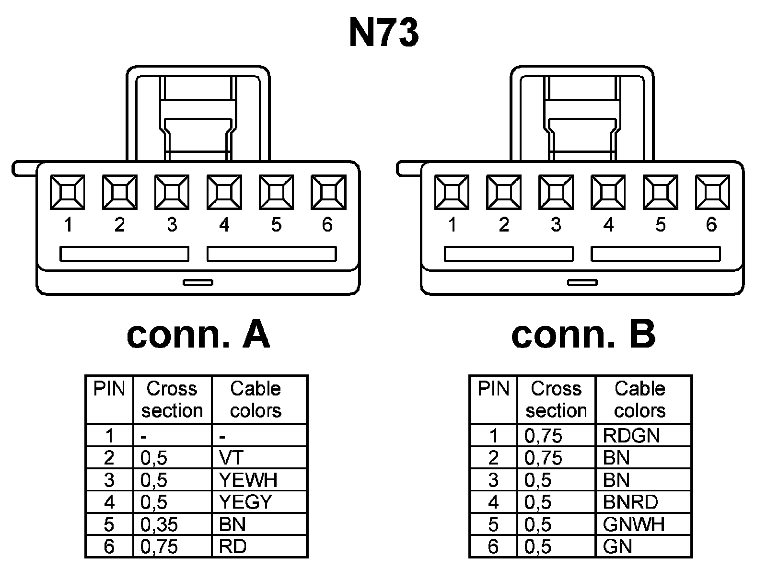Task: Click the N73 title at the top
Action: click(383, 34)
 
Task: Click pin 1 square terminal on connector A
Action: click(68, 192)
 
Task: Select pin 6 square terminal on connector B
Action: click(712, 192)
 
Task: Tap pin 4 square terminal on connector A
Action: click(224, 192)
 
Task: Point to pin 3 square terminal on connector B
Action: click(556, 192)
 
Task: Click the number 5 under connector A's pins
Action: click(276, 224)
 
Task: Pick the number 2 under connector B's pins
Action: click(503, 224)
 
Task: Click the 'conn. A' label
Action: click(198, 335)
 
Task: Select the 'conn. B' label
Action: click(583, 335)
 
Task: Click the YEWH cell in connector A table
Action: click(248, 480)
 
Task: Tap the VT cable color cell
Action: click(231, 458)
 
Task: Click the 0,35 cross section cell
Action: click(159, 524)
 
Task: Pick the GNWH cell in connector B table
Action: click(634, 524)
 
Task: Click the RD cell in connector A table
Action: click(232, 546)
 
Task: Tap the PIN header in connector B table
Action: click(493, 389)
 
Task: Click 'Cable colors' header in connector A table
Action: click(256, 399)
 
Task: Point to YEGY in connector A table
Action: click(245, 502)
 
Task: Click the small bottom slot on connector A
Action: click(198, 282)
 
